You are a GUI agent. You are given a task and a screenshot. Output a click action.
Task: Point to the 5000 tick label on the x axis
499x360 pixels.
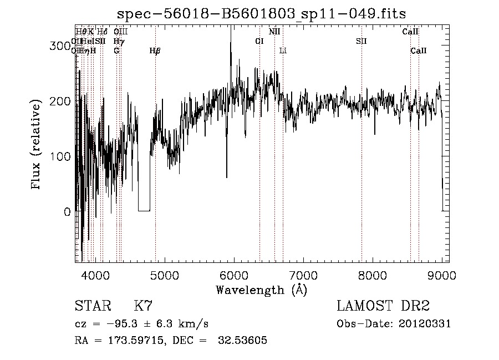164,275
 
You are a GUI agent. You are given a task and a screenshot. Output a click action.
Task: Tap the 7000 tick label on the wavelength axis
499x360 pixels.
303,275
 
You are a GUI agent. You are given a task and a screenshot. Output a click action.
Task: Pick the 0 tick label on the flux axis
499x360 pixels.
67,212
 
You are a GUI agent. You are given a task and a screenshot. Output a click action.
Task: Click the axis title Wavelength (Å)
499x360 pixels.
261,290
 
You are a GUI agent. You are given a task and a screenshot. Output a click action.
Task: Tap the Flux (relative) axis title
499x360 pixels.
37,145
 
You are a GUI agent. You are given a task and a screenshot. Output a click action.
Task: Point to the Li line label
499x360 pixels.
283,51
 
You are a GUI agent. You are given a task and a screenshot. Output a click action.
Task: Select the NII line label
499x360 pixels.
274,32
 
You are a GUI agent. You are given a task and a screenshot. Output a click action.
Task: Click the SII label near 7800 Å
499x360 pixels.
361,41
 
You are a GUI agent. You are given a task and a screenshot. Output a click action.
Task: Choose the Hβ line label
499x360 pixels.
155,51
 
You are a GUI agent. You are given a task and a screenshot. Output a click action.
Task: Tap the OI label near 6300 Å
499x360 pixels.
259,41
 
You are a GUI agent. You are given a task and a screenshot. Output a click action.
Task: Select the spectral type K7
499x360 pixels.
143,306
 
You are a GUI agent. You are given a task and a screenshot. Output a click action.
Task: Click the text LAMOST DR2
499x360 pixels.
383,306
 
